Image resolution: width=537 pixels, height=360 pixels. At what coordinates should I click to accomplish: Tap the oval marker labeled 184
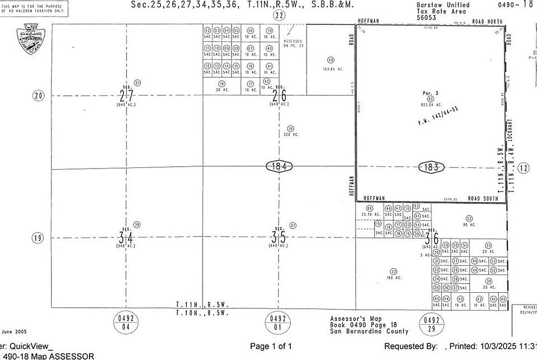pos(279,166)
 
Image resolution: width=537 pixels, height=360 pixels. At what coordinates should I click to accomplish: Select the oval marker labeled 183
pos(431,167)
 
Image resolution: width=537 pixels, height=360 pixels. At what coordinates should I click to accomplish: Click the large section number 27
pos(126,95)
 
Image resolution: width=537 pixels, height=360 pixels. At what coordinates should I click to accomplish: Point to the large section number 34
pos(126,237)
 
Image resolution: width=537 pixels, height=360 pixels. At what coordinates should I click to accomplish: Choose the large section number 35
pos(279,237)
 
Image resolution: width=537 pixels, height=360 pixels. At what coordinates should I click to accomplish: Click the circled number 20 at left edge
pos(38,96)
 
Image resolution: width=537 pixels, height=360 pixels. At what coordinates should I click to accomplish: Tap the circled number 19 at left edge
pos(38,238)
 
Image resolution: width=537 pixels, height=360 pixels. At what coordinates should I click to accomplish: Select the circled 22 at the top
pos(279,16)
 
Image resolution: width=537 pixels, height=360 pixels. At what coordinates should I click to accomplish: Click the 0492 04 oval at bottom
pos(126,322)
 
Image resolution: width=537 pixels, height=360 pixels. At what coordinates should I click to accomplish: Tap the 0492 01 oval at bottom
pos(279,322)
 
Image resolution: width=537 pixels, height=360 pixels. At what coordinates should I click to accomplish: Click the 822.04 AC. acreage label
pos(431,105)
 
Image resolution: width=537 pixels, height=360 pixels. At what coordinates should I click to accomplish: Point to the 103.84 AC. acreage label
pos(332,69)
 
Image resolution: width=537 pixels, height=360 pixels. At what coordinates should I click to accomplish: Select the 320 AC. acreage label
pos(291,134)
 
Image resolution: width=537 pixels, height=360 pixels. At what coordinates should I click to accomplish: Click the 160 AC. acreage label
pos(395,278)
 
